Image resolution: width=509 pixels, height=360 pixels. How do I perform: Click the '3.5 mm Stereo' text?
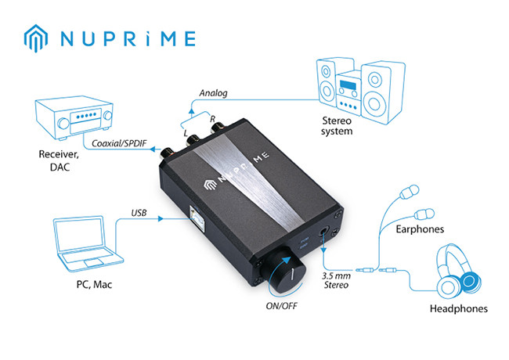click(x=342, y=280)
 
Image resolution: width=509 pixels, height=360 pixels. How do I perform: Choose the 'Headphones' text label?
click(x=459, y=308)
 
